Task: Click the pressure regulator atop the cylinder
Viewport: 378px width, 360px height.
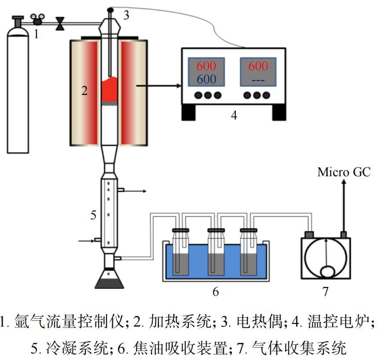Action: point(37,19)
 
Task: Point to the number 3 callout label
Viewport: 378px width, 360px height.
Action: point(126,15)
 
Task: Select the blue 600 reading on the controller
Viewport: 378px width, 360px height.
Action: point(206,79)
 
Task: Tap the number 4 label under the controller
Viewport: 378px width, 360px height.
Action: point(234,115)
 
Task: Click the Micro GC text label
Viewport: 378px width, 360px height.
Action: point(344,172)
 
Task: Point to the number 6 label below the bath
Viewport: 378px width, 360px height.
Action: point(216,291)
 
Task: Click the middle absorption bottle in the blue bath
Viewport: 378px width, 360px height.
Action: point(215,253)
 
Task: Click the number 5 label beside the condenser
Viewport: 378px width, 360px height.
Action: point(93,215)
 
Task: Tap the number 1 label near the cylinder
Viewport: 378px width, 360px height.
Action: point(37,34)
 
